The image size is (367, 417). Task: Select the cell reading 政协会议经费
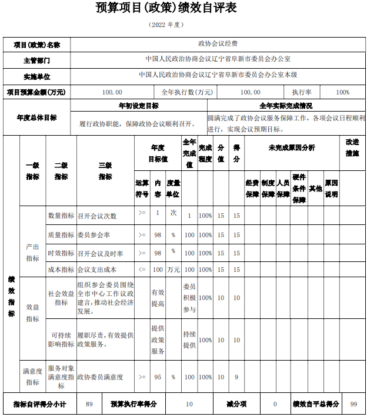click(218, 44)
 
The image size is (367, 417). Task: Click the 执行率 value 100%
click(343, 92)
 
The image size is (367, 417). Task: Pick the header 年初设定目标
click(138, 106)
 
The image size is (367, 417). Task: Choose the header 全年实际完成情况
click(286, 106)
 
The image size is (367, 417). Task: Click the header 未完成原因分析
click(292, 147)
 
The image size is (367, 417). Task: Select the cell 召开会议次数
click(97, 216)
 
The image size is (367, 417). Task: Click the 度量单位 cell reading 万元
click(174, 270)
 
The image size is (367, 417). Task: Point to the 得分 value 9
click(236, 377)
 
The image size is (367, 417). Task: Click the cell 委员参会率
click(94, 235)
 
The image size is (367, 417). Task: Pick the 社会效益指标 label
click(61, 298)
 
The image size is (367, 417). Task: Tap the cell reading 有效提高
click(158, 298)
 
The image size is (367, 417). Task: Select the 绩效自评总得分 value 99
click(353, 404)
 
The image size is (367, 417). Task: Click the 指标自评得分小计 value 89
click(89, 404)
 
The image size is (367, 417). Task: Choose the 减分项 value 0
click(275, 404)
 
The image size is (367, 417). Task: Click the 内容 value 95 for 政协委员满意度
click(158, 377)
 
